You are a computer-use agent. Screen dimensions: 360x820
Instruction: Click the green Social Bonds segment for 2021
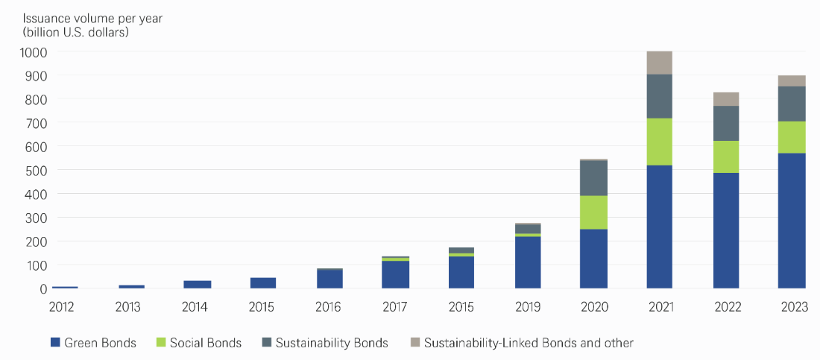pos(660,142)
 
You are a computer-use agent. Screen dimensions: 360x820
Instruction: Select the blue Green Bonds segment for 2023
pos(792,220)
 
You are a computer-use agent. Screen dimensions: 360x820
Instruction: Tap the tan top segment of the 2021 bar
pos(660,63)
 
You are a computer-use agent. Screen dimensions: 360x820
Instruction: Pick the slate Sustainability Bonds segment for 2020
pos(594,177)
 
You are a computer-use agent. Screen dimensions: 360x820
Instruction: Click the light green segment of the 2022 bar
pos(726,157)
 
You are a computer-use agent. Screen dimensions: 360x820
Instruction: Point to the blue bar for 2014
pos(198,284)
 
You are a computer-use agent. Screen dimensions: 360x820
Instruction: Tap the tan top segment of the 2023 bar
pos(792,80)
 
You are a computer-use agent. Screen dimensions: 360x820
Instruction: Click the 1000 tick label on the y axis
pos(34,52)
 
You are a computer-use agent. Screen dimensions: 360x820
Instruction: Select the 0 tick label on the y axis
pos(43,288)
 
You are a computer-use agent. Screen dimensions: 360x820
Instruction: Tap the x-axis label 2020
pos(594,307)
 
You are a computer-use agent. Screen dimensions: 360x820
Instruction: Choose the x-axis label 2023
pos(792,307)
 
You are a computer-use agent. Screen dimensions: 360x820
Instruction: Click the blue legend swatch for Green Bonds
pos(54,343)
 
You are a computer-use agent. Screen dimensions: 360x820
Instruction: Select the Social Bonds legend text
pos(206,343)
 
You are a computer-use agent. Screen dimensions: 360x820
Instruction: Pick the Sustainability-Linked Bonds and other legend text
pos(529,343)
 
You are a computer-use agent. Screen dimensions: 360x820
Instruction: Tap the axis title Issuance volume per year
pos(87,16)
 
